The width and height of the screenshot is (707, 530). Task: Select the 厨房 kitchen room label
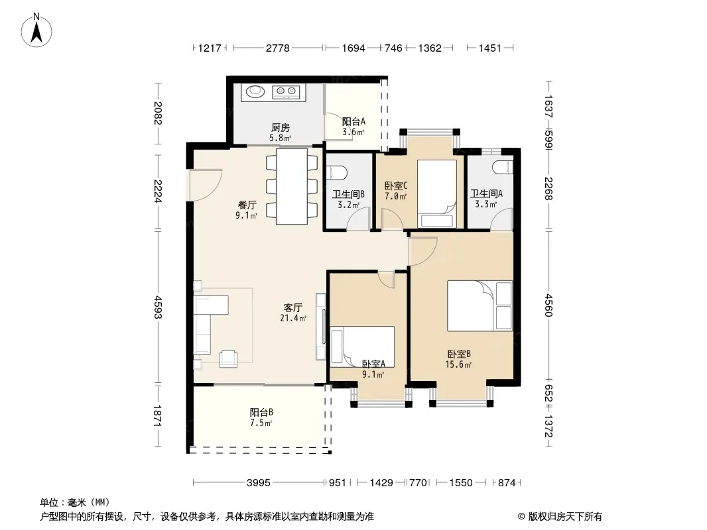tap(280, 128)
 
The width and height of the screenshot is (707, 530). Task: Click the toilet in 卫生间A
tap(503, 168)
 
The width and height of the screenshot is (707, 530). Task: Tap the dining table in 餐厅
tap(292, 186)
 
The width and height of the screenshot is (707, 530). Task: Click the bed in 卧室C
tap(436, 193)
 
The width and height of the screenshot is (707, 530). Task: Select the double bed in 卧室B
tap(480, 306)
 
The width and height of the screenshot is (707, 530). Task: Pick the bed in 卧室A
tap(362, 345)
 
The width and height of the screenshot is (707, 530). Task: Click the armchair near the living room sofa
tap(229, 358)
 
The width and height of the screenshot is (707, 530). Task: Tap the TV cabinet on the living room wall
tap(320, 327)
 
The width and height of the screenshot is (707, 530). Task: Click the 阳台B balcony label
tap(261, 412)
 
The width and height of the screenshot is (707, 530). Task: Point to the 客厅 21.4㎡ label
tap(293, 313)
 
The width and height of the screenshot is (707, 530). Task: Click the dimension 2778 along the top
tap(277, 48)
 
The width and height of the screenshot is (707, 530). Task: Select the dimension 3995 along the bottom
tap(259, 483)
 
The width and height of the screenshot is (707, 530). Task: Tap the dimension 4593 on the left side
tap(158, 307)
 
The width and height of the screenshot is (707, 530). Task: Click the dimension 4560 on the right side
tap(548, 305)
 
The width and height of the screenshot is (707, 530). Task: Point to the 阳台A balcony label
tap(353, 121)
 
